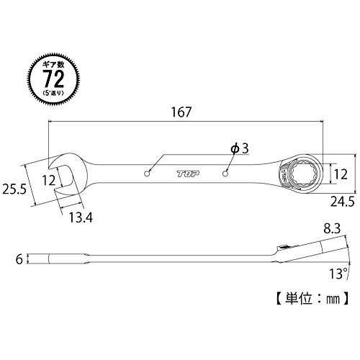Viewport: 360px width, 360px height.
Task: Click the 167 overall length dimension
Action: tap(181, 112)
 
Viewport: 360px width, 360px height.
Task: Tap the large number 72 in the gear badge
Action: tap(54, 78)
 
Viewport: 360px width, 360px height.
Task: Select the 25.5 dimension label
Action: tap(14, 189)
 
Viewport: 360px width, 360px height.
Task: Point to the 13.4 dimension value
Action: tap(81, 217)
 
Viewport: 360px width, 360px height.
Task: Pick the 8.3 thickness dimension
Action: tap(332, 229)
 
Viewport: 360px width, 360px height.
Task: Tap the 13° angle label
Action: tap(338, 274)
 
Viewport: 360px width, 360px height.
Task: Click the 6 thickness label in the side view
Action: tap(19, 259)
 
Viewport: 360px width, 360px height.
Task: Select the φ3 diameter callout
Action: tap(240, 148)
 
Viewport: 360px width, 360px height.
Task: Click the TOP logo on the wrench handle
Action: tap(188, 174)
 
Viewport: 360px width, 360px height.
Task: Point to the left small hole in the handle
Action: tap(148, 174)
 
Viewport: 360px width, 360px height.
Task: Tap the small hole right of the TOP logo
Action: tap(225, 174)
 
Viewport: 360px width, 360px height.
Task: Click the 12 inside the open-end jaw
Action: tap(49, 180)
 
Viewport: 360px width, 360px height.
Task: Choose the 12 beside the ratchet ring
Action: tap(341, 174)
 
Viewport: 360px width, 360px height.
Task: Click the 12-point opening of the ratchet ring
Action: tap(302, 174)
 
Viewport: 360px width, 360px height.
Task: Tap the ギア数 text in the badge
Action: tap(53, 65)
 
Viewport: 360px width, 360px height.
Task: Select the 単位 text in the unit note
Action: tap(298, 299)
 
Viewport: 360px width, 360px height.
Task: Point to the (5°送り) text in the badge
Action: tap(53, 93)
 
